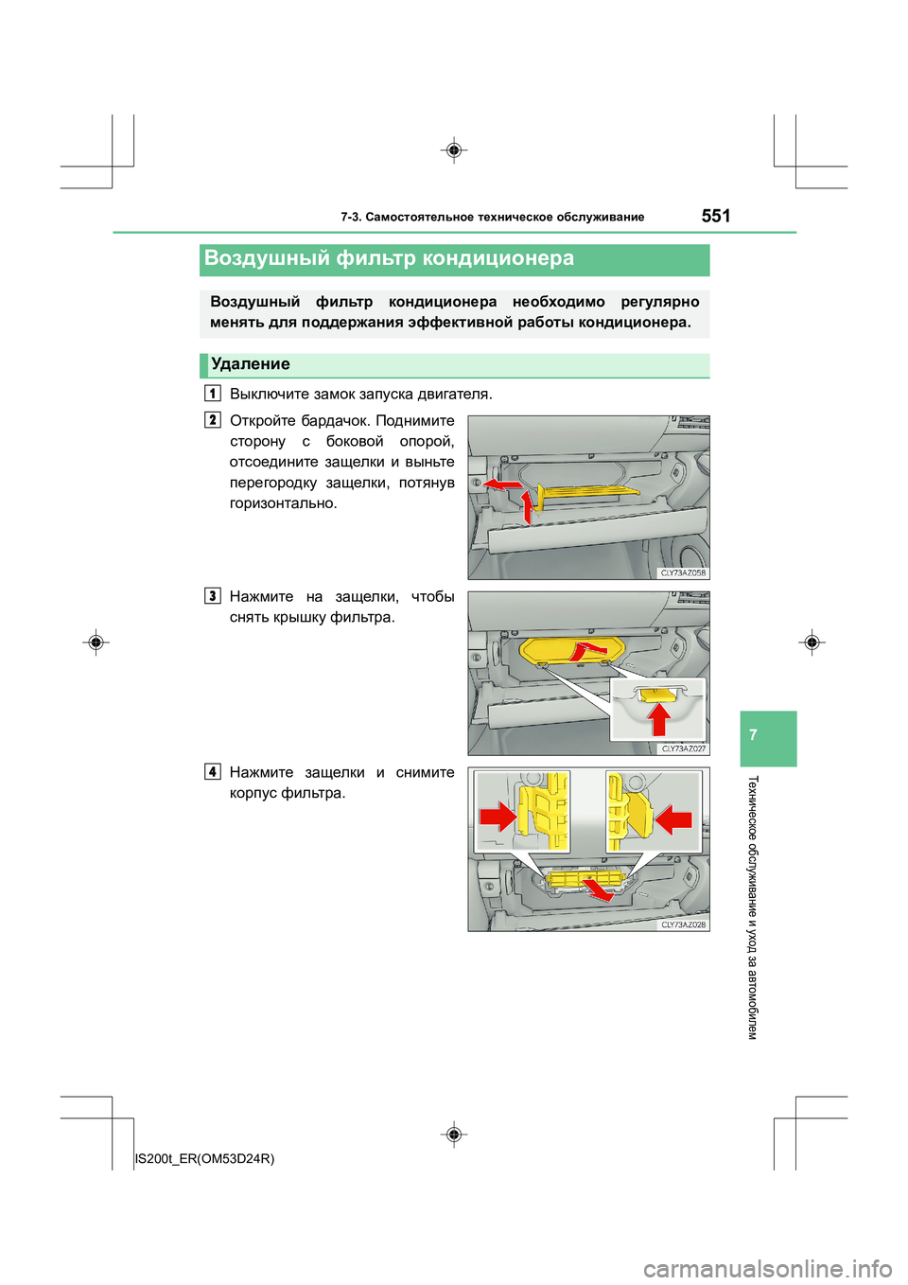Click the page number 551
click(x=716, y=216)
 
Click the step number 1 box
click(x=213, y=393)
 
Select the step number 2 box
click(x=213, y=420)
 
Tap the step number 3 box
click(x=213, y=596)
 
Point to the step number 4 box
click(x=213, y=772)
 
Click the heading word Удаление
click(x=251, y=364)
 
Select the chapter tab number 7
click(x=753, y=735)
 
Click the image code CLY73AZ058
click(x=683, y=572)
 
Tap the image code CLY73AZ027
click(x=683, y=748)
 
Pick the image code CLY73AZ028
click(x=683, y=924)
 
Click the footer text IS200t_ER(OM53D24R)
click(x=205, y=1158)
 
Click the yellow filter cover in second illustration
click(x=567, y=650)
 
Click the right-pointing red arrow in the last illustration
click(x=497, y=816)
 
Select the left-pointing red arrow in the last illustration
click(x=675, y=818)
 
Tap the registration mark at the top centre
click(x=454, y=150)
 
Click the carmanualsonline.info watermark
click(x=767, y=1268)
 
